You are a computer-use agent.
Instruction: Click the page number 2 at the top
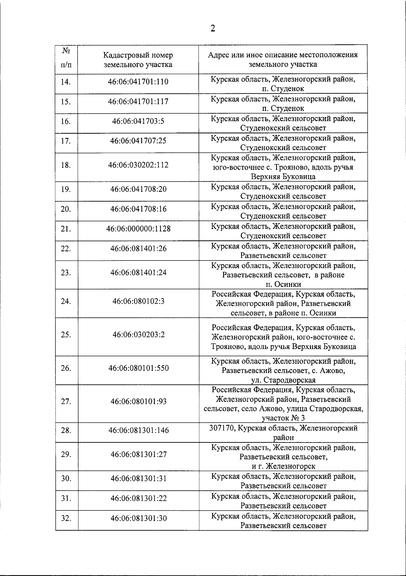point(212,28)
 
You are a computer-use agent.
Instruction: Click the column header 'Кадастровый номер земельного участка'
point(138,60)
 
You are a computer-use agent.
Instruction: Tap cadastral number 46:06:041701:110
point(138,82)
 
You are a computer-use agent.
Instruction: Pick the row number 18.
point(66,165)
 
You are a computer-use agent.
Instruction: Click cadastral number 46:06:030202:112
point(138,165)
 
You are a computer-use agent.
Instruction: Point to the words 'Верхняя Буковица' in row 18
point(283,177)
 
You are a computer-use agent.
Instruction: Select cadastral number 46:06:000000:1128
point(138,229)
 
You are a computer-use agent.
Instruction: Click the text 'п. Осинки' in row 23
point(283,284)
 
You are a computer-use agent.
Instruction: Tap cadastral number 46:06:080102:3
point(138,301)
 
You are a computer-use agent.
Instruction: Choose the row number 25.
point(66,335)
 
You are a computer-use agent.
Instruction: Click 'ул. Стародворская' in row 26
point(283,380)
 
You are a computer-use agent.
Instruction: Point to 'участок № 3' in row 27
point(283,418)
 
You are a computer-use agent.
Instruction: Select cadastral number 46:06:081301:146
point(138,430)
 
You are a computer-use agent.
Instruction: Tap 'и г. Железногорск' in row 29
point(283,466)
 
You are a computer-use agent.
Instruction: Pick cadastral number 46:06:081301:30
point(138,518)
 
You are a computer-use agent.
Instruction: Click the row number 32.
point(66,518)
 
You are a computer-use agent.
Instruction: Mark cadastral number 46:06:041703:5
point(138,121)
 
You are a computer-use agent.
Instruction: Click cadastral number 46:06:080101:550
point(138,368)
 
